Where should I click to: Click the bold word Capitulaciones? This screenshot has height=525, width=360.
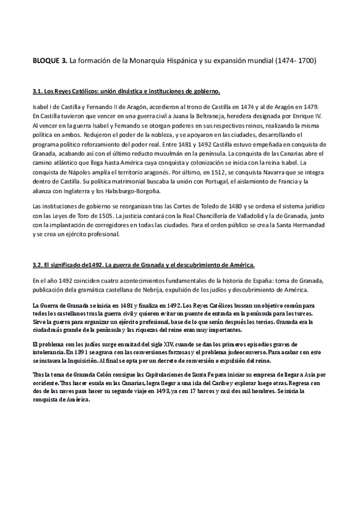pos(137,375)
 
